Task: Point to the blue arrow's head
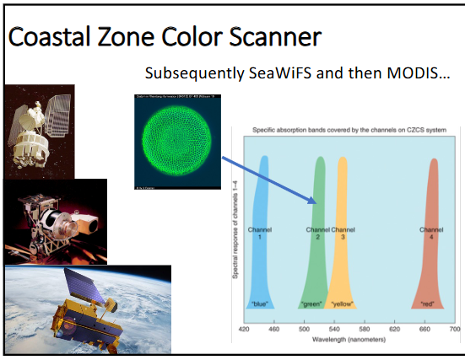coord(313,201)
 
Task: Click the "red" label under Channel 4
coord(430,302)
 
